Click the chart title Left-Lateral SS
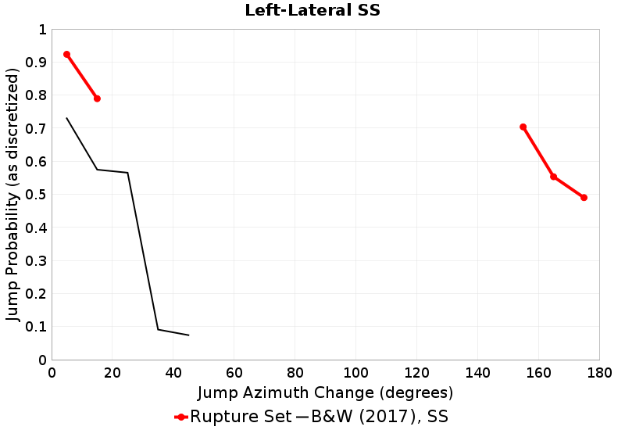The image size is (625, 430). pos(312,11)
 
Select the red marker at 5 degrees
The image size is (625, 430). pos(66,55)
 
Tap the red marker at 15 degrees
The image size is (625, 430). pos(97,99)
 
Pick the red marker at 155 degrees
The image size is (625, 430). pos(523,127)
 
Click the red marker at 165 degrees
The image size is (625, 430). pos(554,177)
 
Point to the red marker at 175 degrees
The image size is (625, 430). pos(584,198)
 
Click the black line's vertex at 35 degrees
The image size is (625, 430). pos(158,329)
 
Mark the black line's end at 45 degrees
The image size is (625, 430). pos(188,335)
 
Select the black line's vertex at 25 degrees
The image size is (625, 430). pos(127,173)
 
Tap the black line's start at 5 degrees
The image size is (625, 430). pos(66,118)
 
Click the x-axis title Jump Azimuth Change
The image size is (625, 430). pos(325,392)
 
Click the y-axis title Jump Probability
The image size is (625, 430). pos(12,195)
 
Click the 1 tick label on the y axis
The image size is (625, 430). pos(42,30)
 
